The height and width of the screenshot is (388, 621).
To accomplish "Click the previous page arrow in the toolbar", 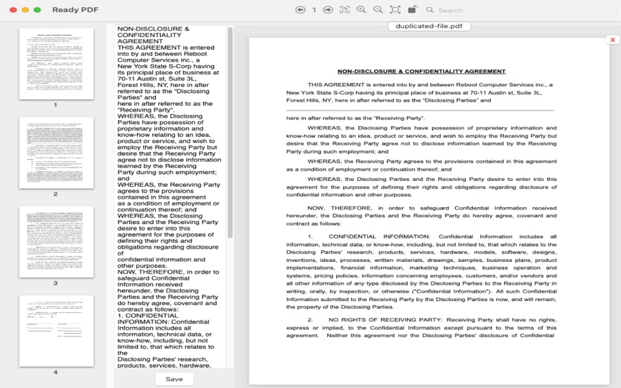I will [300, 10].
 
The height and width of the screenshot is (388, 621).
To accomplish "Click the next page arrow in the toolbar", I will [328, 10].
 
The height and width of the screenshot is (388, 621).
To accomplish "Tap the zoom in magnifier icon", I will [361, 10].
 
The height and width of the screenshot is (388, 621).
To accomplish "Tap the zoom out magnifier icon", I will [378, 10].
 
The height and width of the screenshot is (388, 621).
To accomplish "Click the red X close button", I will [613, 40].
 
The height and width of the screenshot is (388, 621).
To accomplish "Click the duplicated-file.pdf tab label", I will [429, 27].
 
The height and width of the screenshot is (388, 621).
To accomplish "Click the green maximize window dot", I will [37, 10].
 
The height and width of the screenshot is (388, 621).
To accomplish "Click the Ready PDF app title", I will [75, 10].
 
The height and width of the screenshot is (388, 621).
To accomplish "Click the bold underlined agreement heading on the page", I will [421, 71].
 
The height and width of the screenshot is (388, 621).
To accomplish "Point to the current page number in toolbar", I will [314, 10].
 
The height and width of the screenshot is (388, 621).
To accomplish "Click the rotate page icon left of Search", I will [412, 10].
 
